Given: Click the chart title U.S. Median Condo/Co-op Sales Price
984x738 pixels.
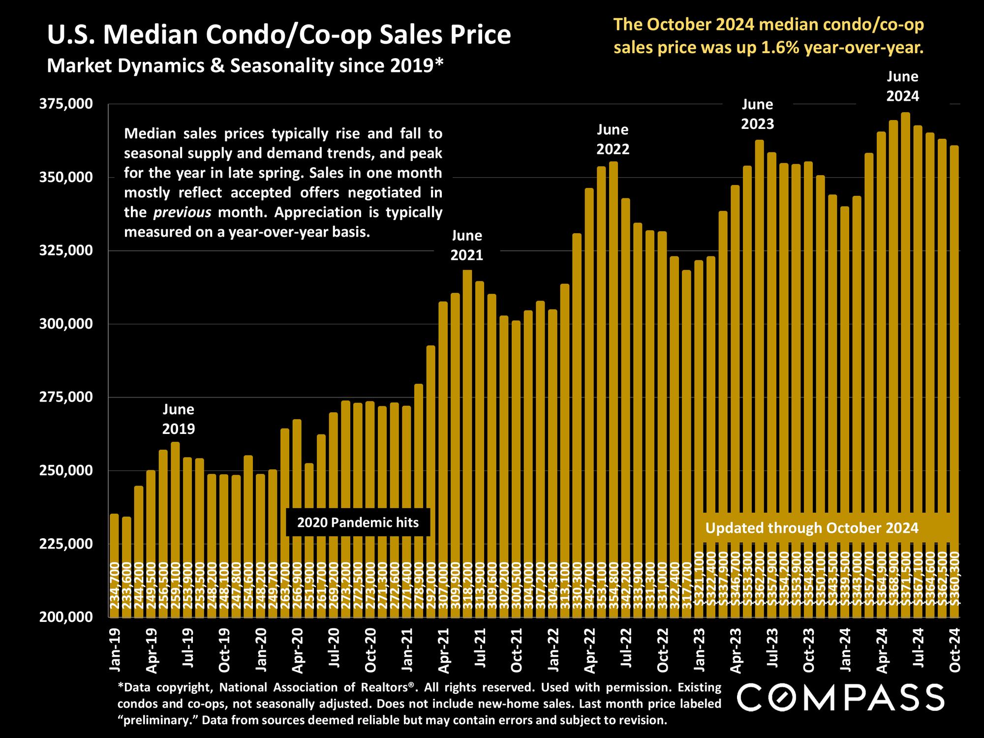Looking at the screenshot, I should pos(278,35).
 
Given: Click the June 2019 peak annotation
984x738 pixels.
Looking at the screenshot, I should pos(179,419).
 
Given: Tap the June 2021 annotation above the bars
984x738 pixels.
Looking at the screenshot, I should pos(467,246).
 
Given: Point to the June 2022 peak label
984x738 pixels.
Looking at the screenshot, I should pos(613,139).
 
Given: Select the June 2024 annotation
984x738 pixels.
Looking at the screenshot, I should pos(902,86).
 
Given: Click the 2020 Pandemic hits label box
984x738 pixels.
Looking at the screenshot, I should pos(358,523).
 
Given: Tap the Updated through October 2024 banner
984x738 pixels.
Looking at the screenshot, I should pos(812,528).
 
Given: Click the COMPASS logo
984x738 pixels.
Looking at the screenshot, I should pos(841,698).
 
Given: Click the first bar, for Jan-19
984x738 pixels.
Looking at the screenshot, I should pos(114,566).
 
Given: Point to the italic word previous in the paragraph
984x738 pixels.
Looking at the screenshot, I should pos(183,213).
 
